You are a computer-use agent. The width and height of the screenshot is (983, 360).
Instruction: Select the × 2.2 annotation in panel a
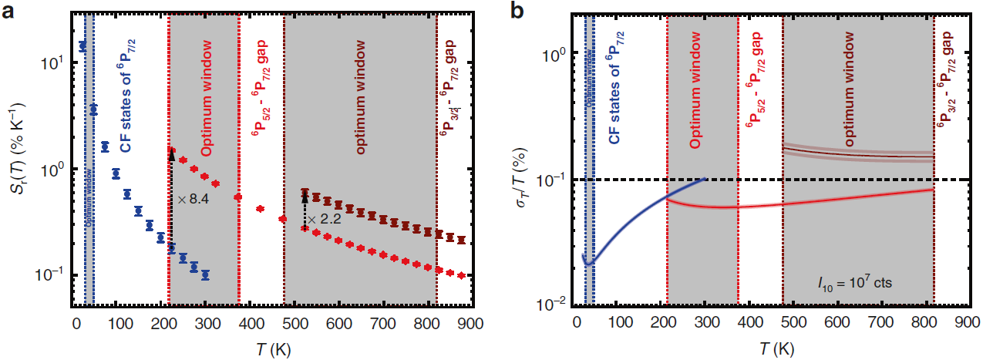pyautogui.click(x=323, y=220)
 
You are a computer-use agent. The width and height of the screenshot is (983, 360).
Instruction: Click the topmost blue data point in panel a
pyautogui.click(x=83, y=47)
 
